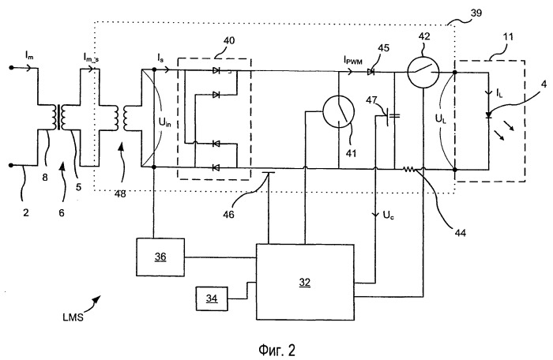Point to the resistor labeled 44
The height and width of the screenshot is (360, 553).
[x=409, y=169]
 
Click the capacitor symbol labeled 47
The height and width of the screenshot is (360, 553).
[x=392, y=118]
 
